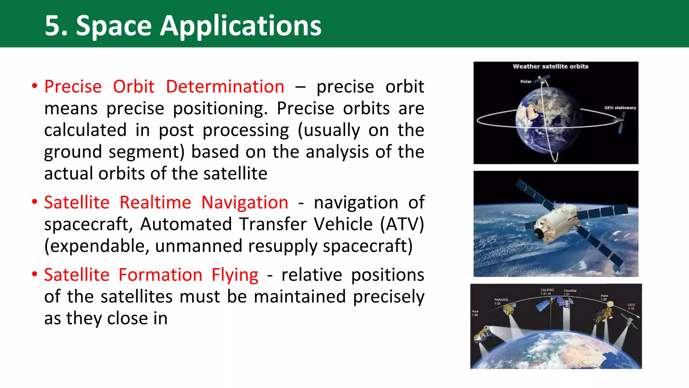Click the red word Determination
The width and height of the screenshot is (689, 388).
[x=225, y=87]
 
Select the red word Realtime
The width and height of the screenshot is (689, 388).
[x=155, y=202]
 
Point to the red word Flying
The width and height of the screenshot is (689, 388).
[x=235, y=275]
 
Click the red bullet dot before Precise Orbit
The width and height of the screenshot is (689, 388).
[x=34, y=86]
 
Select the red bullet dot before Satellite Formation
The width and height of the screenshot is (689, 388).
[x=34, y=274]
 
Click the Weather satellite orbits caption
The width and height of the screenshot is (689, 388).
[x=550, y=66]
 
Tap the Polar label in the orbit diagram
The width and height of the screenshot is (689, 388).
[x=526, y=82]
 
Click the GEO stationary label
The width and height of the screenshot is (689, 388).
[x=620, y=108]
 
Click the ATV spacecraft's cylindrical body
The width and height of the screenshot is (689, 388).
[x=552, y=224]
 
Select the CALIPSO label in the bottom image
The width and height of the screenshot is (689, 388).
[x=547, y=290]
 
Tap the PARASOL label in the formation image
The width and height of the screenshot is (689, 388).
[x=501, y=300]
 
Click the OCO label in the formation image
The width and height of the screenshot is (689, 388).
[x=631, y=305]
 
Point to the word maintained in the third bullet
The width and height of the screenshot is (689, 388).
[x=299, y=297]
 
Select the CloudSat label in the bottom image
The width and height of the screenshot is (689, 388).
[x=570, y=291]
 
